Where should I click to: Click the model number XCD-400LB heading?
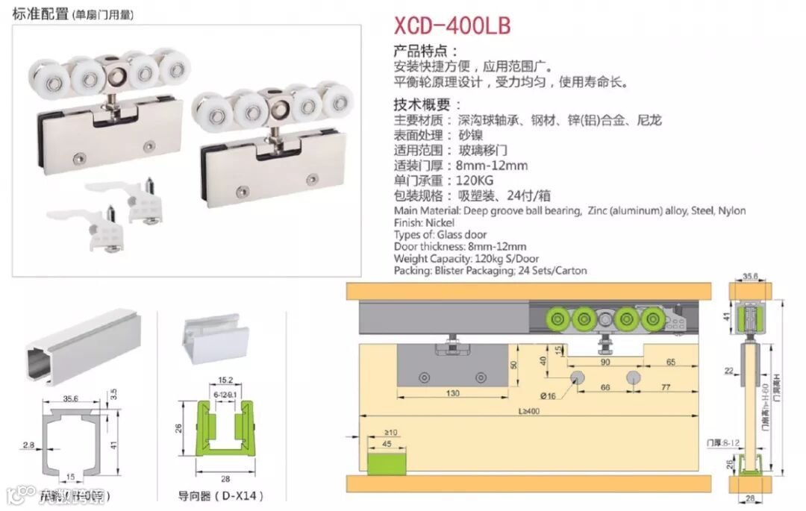click(x=452, y=25)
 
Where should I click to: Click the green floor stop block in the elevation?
click(x=387, y=462)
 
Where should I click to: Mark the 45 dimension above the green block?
click(x=387, y=445)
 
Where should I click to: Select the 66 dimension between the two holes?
click(x=605, y=388)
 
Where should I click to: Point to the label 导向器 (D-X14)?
click(x=210, y=495)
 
